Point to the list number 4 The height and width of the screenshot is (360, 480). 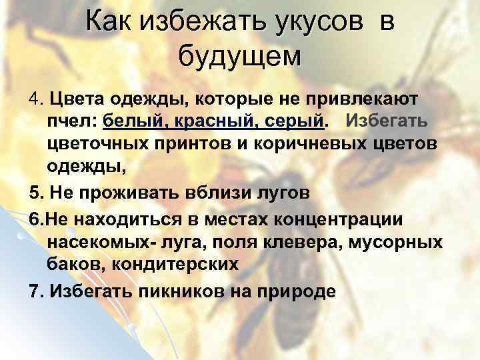tap(35, 100)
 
